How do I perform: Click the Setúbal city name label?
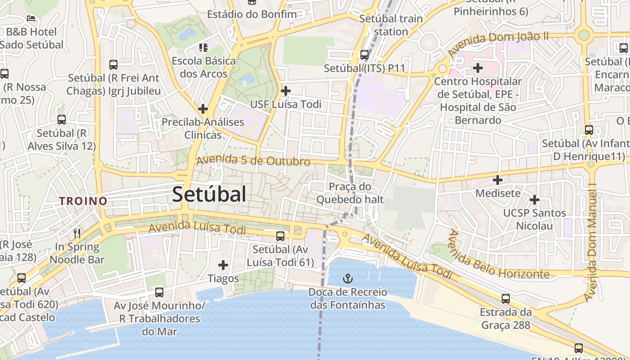click(209, 194)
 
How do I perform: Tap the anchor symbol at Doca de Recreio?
click(347, 278)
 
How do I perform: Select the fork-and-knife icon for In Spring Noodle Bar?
click(77, 233)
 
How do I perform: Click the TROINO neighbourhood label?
click(84, 201)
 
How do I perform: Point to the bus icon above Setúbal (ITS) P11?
click(364, 55)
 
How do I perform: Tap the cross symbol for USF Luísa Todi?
click(285, 91)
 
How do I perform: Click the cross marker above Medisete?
click(498, 180)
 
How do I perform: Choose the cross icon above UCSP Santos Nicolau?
click(535, 199)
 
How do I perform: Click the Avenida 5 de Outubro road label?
click(253, 160)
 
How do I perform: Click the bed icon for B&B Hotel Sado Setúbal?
click(31, 18)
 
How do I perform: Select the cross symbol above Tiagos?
click(223, 265)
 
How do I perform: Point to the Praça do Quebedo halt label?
click(350, 193)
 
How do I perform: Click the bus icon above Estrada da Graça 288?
click(506, 298)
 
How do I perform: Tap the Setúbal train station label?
click(391, 25)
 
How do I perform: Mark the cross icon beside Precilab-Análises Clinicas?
click(203, 108)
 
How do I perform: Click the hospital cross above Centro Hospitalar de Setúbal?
click(478, 68)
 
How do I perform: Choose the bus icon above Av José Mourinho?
click(159, 292)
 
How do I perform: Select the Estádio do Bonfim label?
click(252, 14)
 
